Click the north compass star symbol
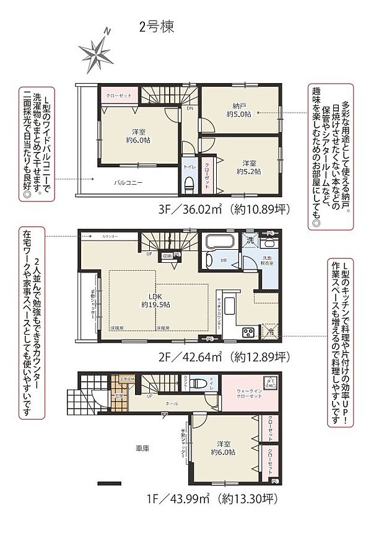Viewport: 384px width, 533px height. click(x=94, y=52)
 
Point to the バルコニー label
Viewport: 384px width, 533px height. click(x=128, y=183)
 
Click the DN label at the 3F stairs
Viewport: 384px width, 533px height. click(x=189, y=107)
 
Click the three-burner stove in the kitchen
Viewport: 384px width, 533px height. click(x=248, y=333)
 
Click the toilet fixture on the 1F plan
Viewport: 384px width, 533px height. click(x=196, y=382)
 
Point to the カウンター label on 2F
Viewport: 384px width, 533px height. click(x=110, y=237)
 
